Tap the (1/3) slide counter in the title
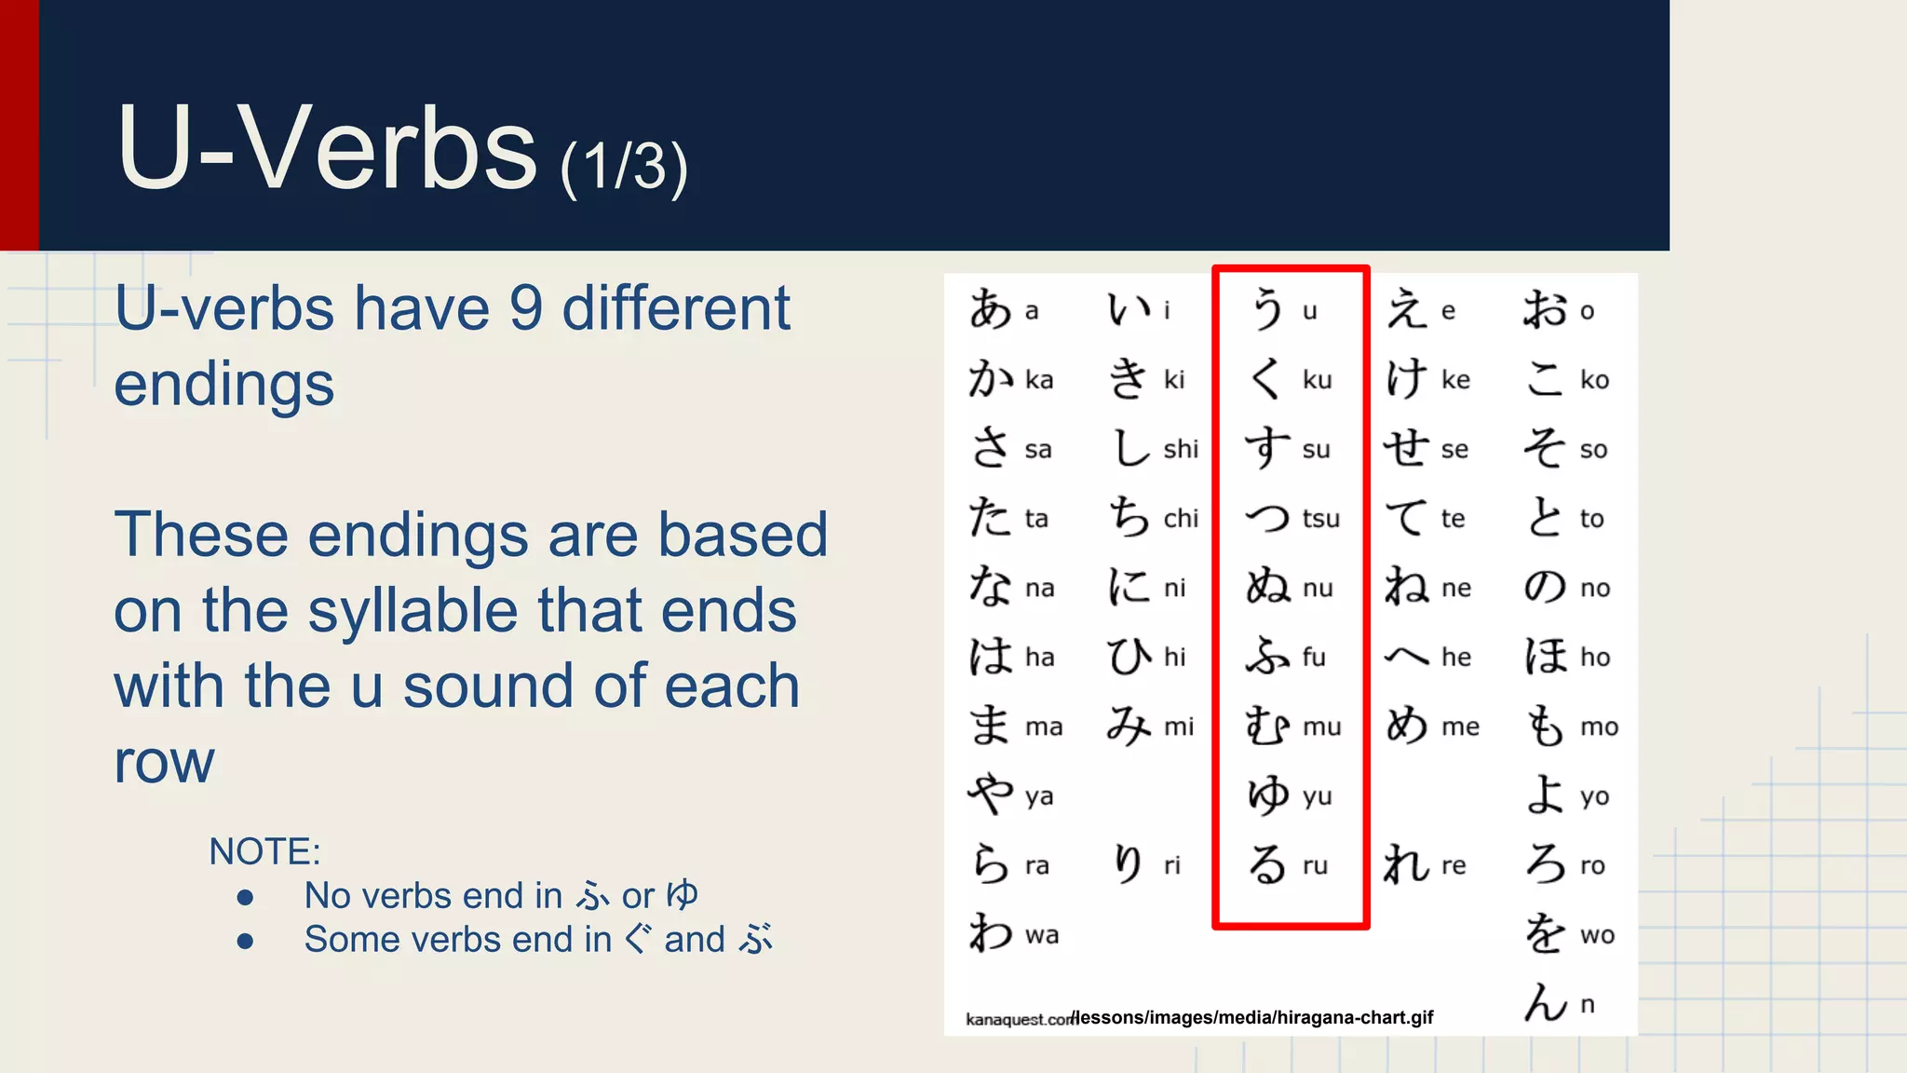pyautogui.click(x=624, y=168)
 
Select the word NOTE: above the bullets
pyautogui.click(x=264, y=851)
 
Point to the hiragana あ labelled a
pyautogui.click(x=990, y=309)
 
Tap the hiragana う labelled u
pyautogui.click(x=1267, y=309)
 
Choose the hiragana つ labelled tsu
pyautogui.click(x=1267, y=518)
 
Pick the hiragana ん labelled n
pyautogui.click(x=1546, y=1003)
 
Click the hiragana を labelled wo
pyautogui.click(x=1545, y=933)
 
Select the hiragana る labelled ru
pyautogui.click(x=1267, y=864)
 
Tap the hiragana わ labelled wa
pyautogui.click(x=990, y=933)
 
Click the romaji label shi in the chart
pyautogui.click(x=1181, y=449)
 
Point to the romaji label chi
pyautogui.click(x=1181, y=518)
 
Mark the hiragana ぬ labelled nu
pyautogui.click(x=1267, y=588)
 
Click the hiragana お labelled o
pyautogui.click(x=1545, y=309)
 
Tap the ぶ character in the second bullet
pyautogui.click(x=755, y=939)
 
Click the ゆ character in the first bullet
pyautogui.click(x=683, y=895)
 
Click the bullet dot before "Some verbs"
pyautogui.click(x=245, y=941)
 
